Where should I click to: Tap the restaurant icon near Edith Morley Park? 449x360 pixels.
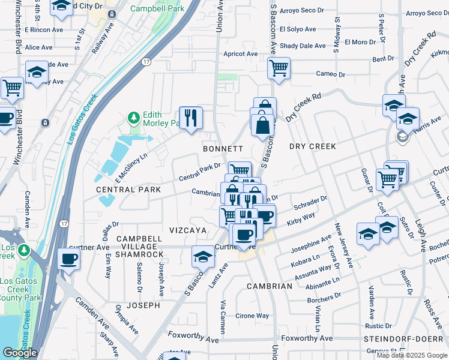(x=191, y=117)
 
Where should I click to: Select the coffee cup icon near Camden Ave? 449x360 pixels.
(x=69, y=260)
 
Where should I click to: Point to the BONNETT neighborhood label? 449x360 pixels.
(x=223, y=148)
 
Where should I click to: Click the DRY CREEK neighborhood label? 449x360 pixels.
(x=312, y=146)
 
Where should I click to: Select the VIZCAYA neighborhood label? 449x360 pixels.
(x=188, y=230)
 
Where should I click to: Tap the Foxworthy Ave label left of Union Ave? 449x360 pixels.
(x=193, y=338)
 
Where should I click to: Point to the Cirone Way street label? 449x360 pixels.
(x=252, y=316)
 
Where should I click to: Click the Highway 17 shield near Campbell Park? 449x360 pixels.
(x=146, y=62)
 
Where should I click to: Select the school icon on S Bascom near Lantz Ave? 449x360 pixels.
(x=203, y=257)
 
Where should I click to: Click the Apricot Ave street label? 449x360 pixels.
(x=240, y=54)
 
